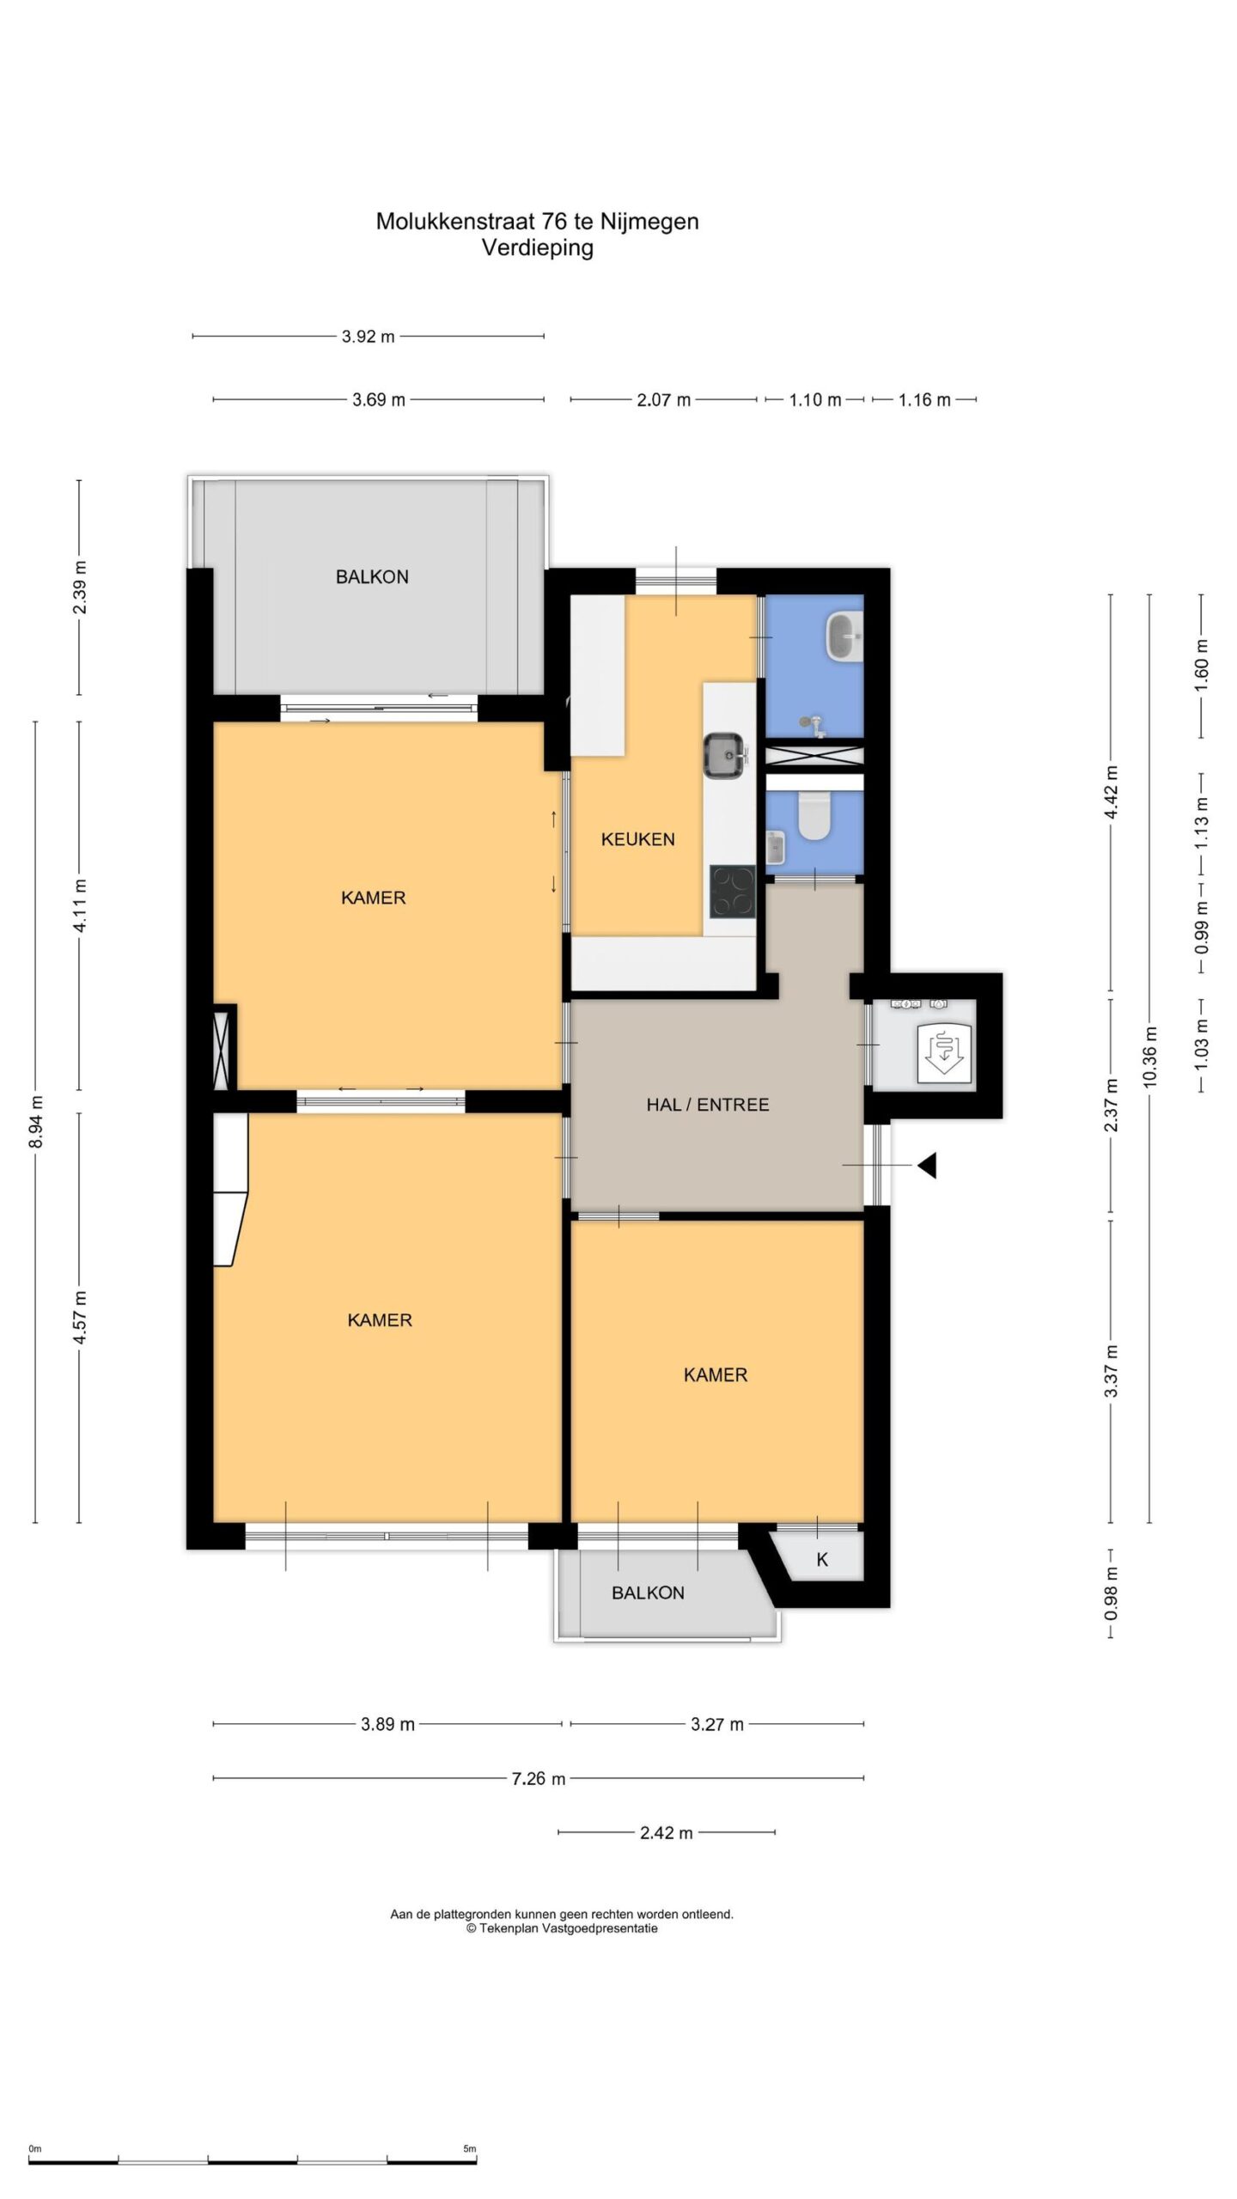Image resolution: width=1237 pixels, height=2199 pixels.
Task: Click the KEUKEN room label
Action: pyautogui.click(x=637, y=839)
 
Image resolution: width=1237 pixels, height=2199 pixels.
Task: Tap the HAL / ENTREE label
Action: pyautogui.click(x=707, y=1105)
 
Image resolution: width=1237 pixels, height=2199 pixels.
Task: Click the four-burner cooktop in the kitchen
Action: pyautogui.click(x=732, y=892)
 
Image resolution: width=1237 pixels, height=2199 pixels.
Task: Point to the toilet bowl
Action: pyautogui.click(x=813, y=816)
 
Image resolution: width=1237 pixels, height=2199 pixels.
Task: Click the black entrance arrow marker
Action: pyautogui.click(x=926, y=1166)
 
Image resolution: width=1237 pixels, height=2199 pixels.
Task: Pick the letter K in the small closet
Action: pyautogui.click(x=822, y=1559)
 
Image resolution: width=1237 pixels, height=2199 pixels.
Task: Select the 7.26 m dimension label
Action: pyautogui.click(x=539, y=1778)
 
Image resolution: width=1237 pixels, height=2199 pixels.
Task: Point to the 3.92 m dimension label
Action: pyautogui.click(x=368, y=337)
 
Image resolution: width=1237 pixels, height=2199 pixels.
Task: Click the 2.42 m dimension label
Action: pyautogui.click(x=666, y=1833)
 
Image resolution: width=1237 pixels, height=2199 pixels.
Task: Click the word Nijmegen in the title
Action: pyautogui.click(x=649, y=222)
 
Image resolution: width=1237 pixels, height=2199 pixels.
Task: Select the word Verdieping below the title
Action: pyautogui.click(x=538, y=248)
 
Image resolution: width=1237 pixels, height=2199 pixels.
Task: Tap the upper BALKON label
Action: pyautogui.click(x=372, y=577)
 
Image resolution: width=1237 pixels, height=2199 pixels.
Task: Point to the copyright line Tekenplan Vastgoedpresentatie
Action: pyautogui.click(x=562, y=1928)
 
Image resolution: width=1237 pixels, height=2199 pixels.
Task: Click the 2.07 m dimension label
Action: pyautogui.click(x=663, y=399)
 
